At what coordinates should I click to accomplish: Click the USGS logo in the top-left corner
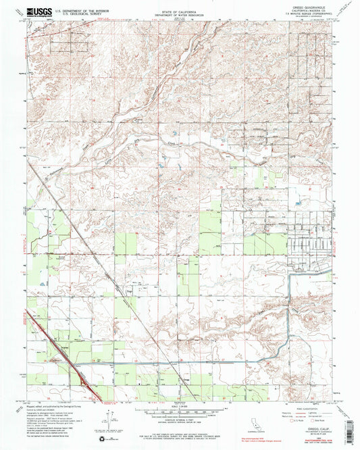coord(38,11)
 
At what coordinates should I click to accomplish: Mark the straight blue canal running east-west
coord(169,364)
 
